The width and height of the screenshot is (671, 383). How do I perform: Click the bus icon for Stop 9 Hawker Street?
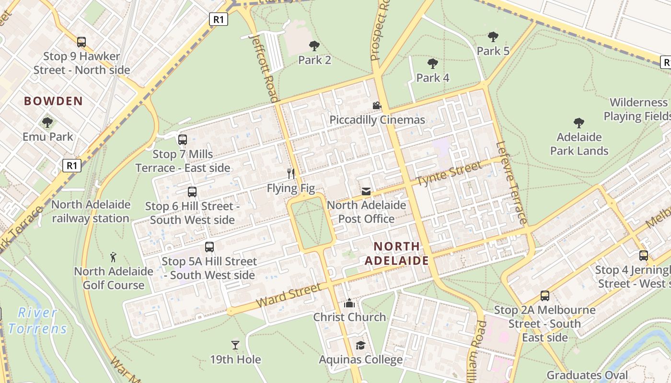(x=81, y=42)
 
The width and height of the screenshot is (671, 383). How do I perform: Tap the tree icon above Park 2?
(x=314, y=46)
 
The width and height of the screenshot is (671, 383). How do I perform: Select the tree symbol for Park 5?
(x=493, y=37)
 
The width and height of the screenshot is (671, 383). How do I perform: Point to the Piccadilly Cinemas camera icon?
(x=377, y=105)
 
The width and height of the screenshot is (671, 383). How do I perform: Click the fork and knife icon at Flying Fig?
(x=290, y=173)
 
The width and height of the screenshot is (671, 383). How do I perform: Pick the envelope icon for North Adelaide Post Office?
(x=366, y=191)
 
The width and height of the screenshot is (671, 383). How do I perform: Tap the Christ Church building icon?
(x=349, y=303)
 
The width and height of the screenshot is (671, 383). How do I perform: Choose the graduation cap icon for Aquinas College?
(x=360, y=345)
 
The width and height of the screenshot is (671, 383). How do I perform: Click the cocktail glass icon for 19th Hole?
(x=235, y=345)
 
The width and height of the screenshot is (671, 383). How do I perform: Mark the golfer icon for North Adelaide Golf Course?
(x=113, y=257)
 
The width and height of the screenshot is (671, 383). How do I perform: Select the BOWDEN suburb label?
(x=53, y=101)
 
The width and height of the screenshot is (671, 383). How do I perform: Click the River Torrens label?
(x=37, y=321)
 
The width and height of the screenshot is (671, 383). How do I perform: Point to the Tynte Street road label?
(x=449, y=174)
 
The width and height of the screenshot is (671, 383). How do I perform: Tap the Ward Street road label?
(x=289, y=295)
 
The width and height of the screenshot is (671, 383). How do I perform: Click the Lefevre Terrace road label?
(x=512, y=182)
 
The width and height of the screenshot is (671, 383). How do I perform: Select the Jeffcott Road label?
(x=264, y=67)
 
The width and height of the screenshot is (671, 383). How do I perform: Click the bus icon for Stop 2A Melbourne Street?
(x=545, y=295)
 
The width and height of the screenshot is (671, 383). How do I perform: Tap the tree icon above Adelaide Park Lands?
(x=579, y=123)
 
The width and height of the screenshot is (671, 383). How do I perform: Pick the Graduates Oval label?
(x=587, y=375)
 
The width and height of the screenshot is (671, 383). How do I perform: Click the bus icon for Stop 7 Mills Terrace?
(x=183, y=140)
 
